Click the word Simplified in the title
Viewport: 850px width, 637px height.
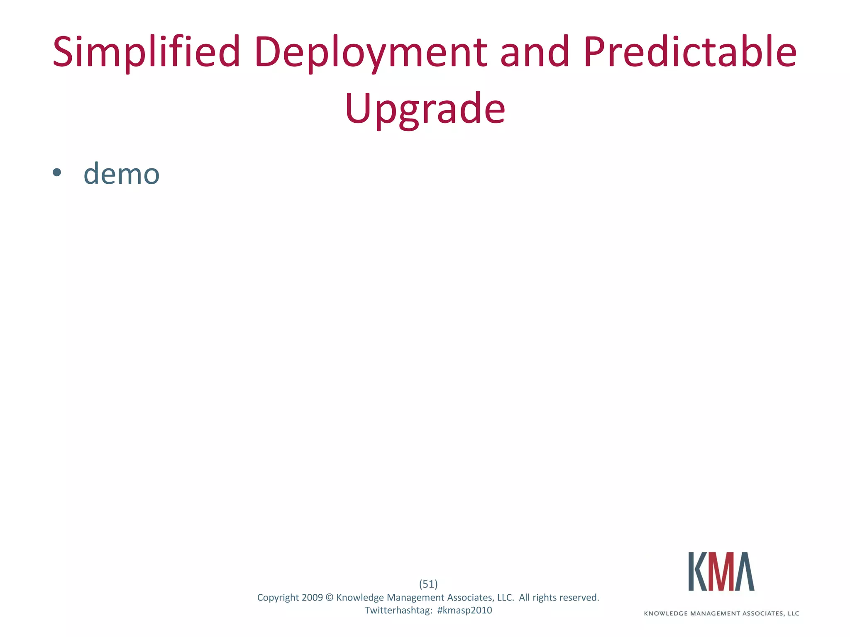[x=146, y=52]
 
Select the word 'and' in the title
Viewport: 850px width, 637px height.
[x=534, y=52]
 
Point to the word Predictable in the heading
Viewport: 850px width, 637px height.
[x=690, y=52]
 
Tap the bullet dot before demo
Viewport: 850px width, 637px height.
[x=57, y=173]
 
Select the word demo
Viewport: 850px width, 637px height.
[x=121, y=174]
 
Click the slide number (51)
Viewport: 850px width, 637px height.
[x=428, y=584]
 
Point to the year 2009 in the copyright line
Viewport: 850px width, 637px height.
[x=312, y=598]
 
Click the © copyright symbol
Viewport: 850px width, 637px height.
[x=330, y=598]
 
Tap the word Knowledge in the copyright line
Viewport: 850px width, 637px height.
[x=360, y=598]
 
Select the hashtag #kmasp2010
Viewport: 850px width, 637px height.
[x=464, y=610]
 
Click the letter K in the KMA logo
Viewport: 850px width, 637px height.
[x=698, y=571]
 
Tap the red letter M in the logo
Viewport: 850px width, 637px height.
[x=721, y=571]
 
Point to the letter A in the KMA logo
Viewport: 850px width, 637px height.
[x=745, y=571]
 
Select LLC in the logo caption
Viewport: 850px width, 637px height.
[x=793, y=613]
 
